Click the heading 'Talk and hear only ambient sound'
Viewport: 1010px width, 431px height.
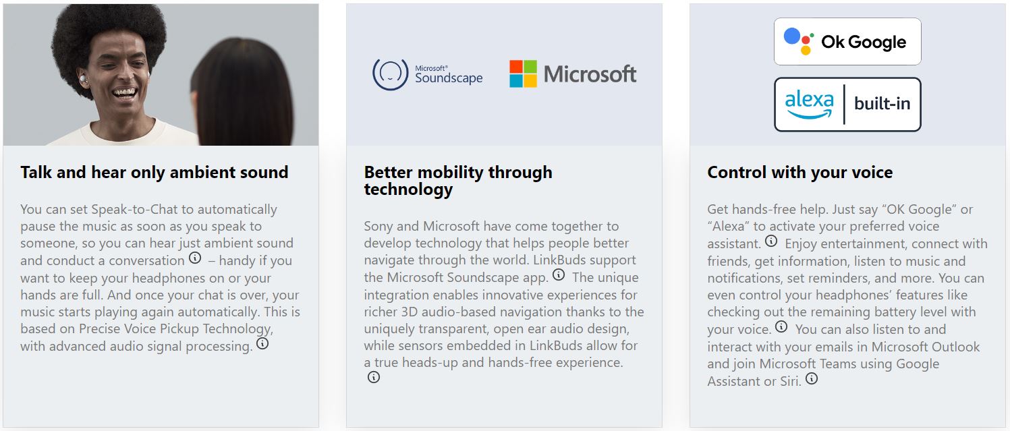coord(155,172)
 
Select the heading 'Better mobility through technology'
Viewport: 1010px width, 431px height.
coord(458,180)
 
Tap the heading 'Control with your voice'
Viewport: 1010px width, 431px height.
coord(800,172)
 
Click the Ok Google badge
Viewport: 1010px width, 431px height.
coord(847,41)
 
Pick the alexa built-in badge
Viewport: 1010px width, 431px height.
coord(847,105)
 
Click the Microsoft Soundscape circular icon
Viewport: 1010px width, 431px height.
coord(390,74)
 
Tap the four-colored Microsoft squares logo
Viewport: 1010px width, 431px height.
coord(523,74)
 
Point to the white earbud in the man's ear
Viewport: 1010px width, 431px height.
coord(84,80)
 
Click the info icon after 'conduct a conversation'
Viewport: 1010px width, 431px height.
coord(195,258)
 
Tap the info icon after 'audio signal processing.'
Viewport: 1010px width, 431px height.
coord(262,343)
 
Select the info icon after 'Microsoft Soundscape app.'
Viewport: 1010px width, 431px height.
coord(559,274)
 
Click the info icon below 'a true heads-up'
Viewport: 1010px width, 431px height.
coord(373,377)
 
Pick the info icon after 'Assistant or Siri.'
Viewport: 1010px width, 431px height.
coord(812,378)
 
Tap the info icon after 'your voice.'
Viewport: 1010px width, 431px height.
coord(781,326)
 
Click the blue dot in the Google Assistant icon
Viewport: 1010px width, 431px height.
coord(792,36)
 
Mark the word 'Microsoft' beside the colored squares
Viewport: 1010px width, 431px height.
coord(590,74)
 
